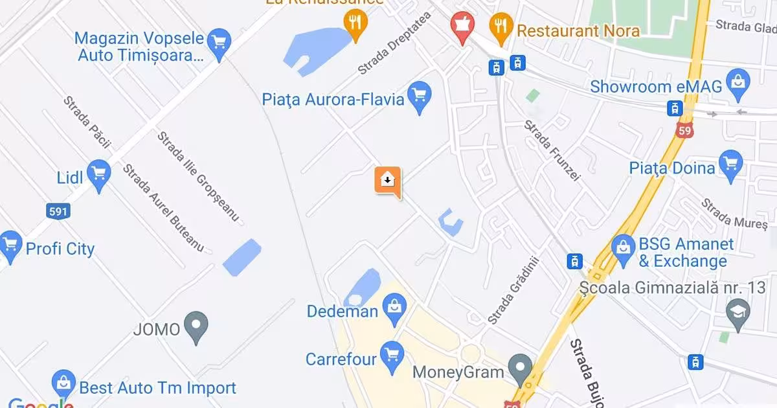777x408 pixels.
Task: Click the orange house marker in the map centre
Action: point(387,181)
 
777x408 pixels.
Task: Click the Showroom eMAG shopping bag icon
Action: point(737,85)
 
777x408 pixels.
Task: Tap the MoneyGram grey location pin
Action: point(520,370)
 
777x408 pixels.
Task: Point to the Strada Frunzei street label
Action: point(552,150)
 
